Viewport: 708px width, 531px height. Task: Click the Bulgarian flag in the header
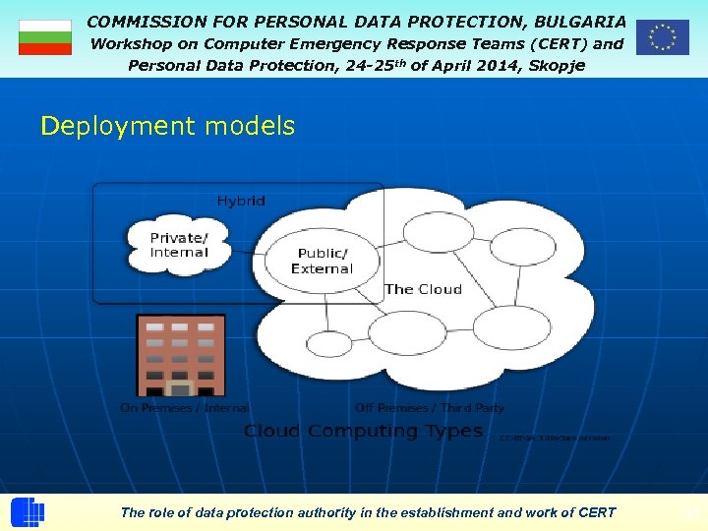(45, 37)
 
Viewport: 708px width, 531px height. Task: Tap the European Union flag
(662, 37)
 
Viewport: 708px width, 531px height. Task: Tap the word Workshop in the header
(130, 43)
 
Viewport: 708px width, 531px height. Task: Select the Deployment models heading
(167, 126)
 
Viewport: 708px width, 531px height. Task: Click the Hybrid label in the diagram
(241, 201)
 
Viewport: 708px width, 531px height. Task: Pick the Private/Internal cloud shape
(179, 245)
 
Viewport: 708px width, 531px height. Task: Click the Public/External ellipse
(322, 261)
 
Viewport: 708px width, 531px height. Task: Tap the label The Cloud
(423, 289)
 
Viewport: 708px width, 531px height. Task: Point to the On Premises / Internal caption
(184, 407)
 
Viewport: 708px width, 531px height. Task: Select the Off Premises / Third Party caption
(430, 407)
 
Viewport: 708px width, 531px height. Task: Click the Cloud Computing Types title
(363, 431)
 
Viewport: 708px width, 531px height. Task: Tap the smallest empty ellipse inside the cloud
(329, 344)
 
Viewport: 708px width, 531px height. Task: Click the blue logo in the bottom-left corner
(28, 511)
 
